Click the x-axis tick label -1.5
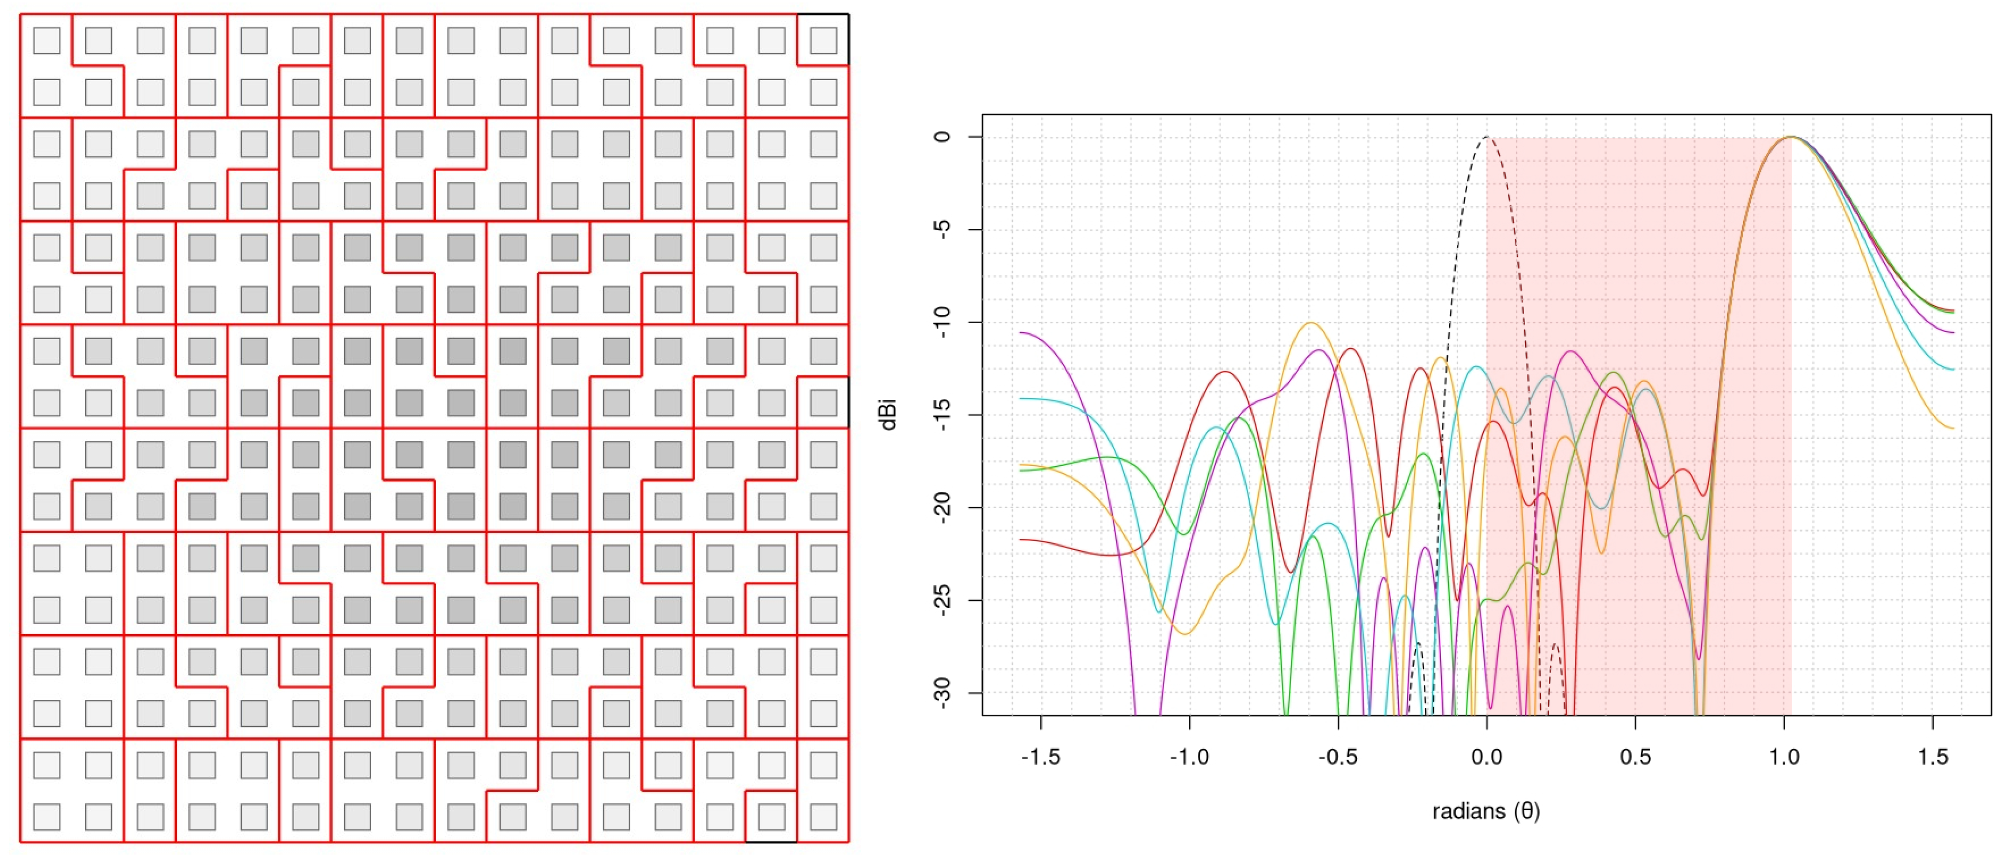[1041, 757]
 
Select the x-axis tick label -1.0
[1189, 757]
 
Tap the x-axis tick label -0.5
[1337, 757]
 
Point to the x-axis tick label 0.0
[1487, 757]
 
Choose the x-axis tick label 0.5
[1635, 757]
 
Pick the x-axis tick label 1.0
[1784, 757]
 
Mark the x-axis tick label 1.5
[1932, 757]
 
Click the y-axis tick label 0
[943, 136]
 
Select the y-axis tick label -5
[943, 229]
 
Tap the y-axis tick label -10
[943, 322]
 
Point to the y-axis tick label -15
[943, 415]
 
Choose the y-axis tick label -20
[943, 508]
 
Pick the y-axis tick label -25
[943, 601]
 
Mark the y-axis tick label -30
[943, 693]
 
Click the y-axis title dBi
[888, 415]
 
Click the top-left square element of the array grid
[47, 40]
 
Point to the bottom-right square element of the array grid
[823, 817]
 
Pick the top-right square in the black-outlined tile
[823, 40]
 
